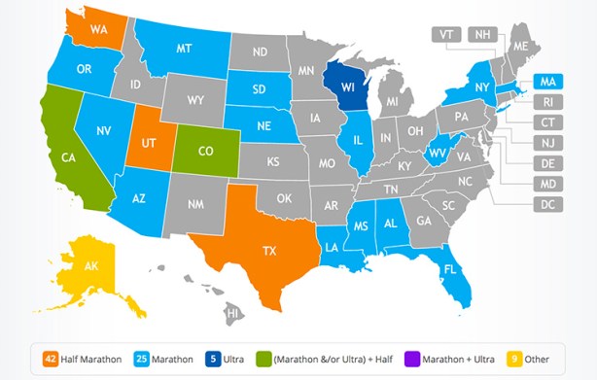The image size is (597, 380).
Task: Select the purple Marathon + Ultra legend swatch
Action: [x=412, y=359]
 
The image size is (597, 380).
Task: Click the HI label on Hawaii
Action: [x=233, y=313]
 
